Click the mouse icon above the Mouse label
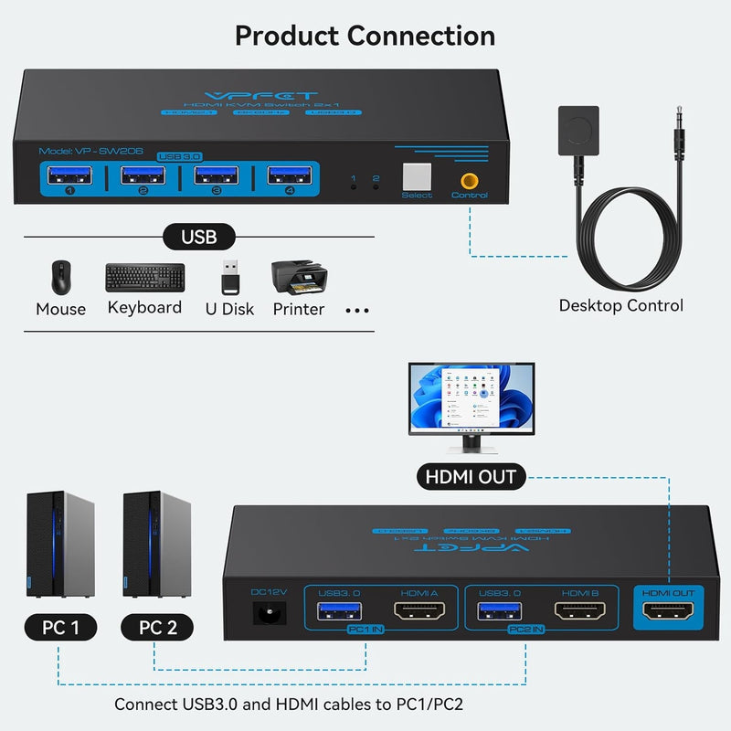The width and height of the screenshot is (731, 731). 59,277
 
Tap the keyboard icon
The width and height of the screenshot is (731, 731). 144,277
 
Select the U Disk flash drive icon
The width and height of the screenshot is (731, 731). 229,277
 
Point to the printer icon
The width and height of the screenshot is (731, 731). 298,276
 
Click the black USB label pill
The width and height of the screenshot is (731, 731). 199,237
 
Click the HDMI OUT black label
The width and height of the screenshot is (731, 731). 471,476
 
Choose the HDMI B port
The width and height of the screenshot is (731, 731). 577,611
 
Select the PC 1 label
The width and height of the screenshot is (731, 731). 61,627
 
